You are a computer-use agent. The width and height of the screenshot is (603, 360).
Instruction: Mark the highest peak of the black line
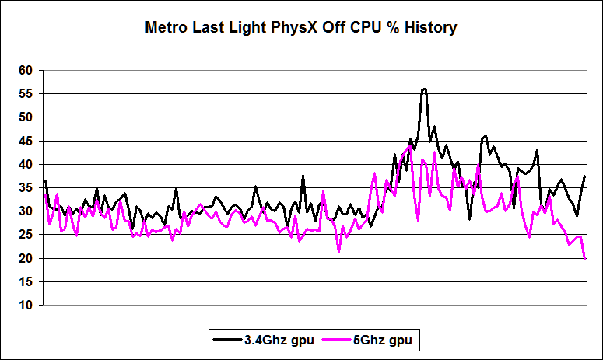click(x=424, y=89)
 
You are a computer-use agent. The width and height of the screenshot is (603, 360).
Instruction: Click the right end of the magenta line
click(x=585, y=258)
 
